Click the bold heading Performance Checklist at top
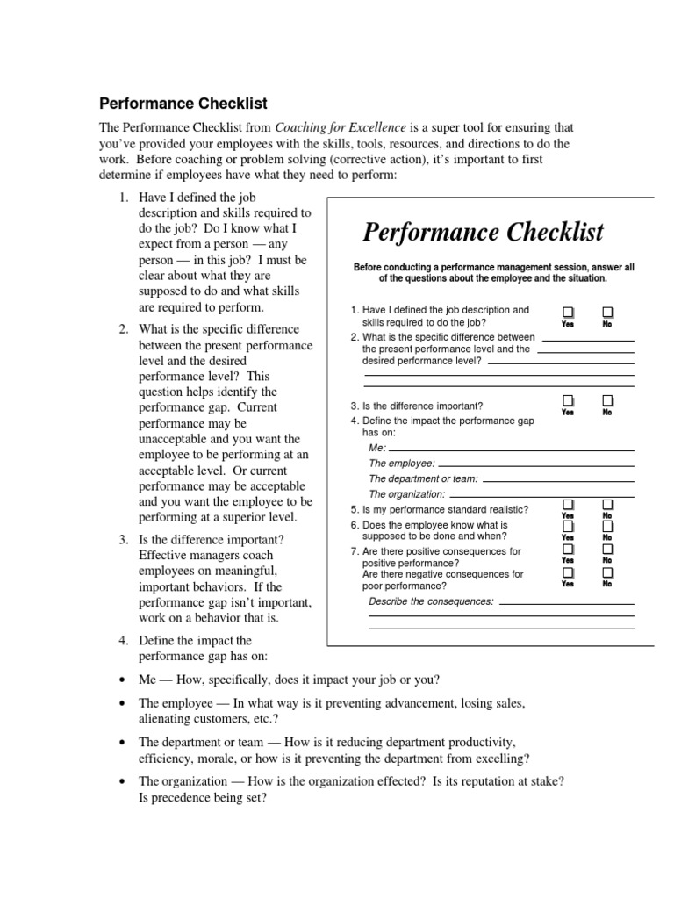183,104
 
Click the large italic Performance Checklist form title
483,232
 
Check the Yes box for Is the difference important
568,401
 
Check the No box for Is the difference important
607,401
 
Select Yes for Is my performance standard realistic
568,505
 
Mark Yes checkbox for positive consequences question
568,549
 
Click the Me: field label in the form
377,448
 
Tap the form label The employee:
401,463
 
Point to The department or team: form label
424,478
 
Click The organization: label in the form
407,494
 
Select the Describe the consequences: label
431,601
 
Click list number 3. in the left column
125,539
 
